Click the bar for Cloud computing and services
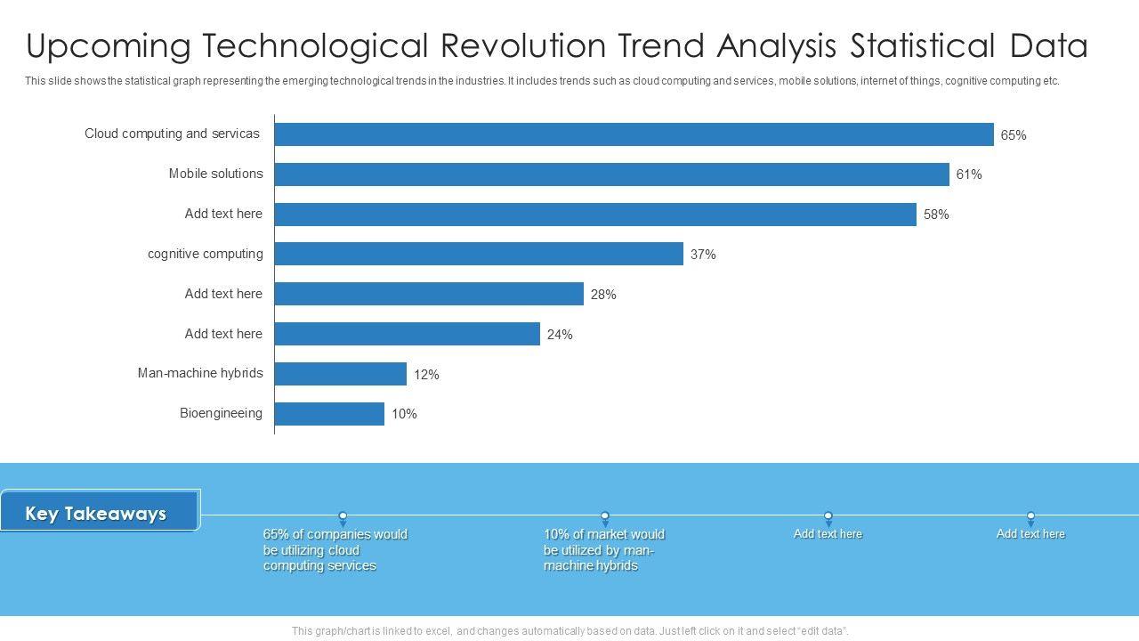pyautogui.click(x=634, y=134)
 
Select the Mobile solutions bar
pyautogui.click(x=611, y=174)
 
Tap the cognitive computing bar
pyautogui.click(x=479, y=254)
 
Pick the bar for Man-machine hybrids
pyautogui.click(x=340, y=374)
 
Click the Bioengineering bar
pyautogui.click(x=329, y=414)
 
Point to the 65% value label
pyautogui.click(x=1013, y=135)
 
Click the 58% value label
pyautogui.click(x=935, y=215)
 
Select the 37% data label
pyautogui.click(x=702, y=255)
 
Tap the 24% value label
pyautogui.click(x=559, y=335)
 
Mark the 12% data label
pyautogui.click(x=425, y=375)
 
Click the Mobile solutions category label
pyautogui.click(x=215, y=174)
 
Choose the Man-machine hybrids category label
pyautogui.click(x=200, y=373)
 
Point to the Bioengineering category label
pyautogui.click(x=221, y=413)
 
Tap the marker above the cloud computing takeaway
pyautogui.click(x=343, y=515)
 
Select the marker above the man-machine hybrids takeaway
pyautogui.click(x=605, y=515)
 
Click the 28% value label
pyautogui.click(x=602, y=295)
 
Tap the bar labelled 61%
pyautogui.click(x=611, y=174)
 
